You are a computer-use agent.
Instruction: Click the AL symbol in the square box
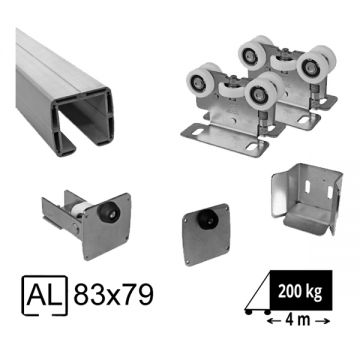coord(44,295)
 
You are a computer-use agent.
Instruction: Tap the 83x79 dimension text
coord(113,295)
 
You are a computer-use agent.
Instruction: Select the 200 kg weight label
coord(300,292)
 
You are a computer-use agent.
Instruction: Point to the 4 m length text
coord(298,321)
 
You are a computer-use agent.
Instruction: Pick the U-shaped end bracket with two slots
coord(307,199)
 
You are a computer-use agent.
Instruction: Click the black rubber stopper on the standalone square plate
coord(206,218)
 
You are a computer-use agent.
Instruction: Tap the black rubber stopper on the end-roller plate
coord(106,211)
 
